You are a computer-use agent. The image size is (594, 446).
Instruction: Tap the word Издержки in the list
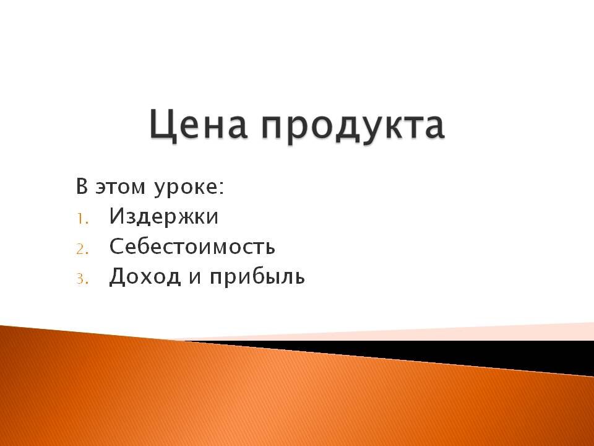[x=164, y=217]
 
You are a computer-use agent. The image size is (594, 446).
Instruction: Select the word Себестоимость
[x=192, y=247]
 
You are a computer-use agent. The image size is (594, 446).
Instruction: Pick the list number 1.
[x=82, y=218]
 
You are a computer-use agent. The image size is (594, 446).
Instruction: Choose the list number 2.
[x=83, y=248]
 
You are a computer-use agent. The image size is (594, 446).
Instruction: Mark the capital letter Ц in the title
[x=162, y=125]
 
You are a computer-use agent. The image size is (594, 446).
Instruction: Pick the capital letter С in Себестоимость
[x=116, y=247]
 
